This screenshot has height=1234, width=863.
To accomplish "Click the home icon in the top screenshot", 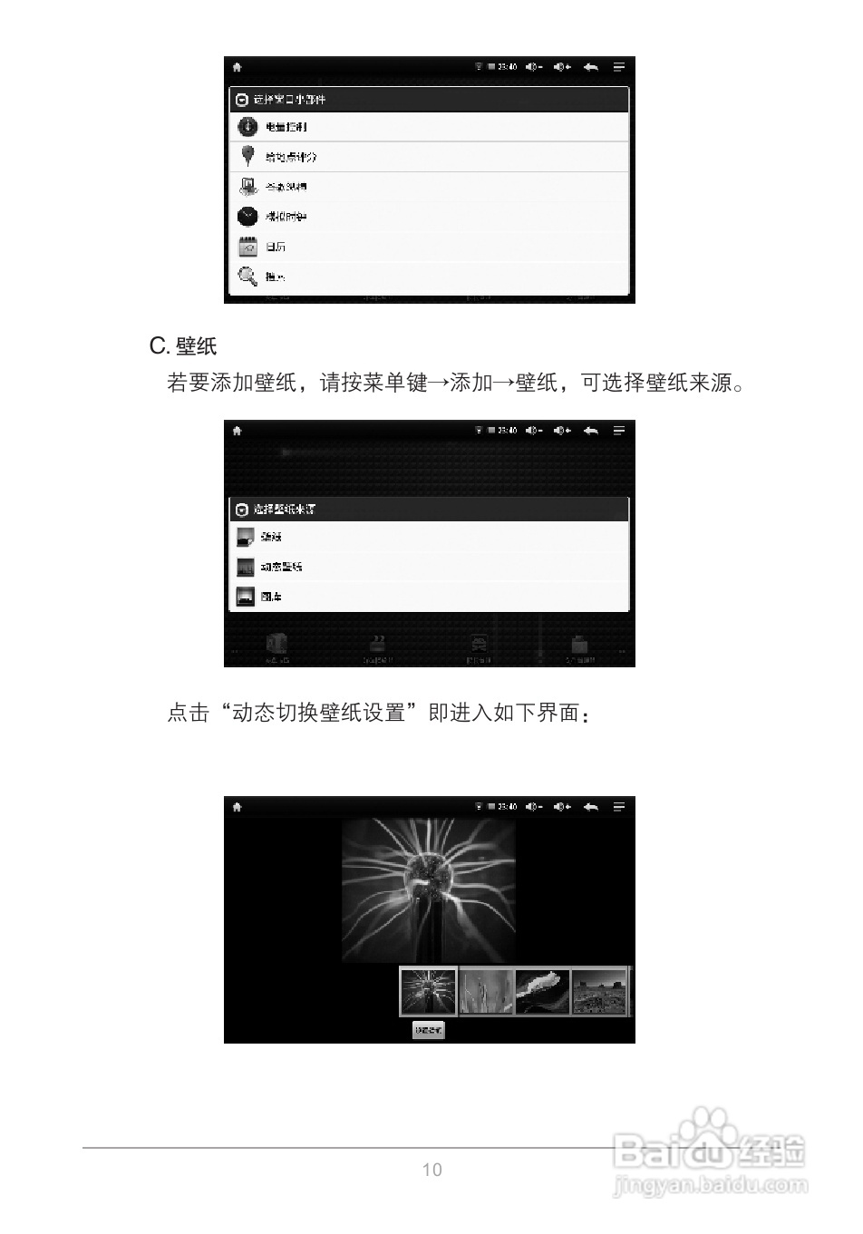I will (238, 67).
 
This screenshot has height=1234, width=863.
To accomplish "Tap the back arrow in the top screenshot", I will (591, 67).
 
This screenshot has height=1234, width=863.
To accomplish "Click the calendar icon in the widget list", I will (247, 247).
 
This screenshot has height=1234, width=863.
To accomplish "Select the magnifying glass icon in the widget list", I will (247, 277).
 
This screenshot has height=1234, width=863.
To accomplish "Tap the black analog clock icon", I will (247, 217).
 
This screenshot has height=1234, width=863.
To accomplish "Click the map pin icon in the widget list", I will (247, 156).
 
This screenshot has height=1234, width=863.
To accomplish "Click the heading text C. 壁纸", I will (183, 346).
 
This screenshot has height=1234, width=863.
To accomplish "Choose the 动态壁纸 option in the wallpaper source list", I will (281, 567).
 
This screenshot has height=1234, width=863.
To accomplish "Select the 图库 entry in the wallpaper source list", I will (271, 597).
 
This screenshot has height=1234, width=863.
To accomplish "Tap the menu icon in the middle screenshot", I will (619, 431).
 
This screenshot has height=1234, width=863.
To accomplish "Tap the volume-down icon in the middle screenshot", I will (534, 431).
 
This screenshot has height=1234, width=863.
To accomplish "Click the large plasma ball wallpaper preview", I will (429, 890).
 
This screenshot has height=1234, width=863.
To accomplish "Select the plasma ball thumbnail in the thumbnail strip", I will (429, 992).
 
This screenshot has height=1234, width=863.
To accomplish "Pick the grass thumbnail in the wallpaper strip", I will (486, 992).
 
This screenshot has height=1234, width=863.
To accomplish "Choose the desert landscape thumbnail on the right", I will (599, 992).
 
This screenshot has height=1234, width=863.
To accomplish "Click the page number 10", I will (432, 1170).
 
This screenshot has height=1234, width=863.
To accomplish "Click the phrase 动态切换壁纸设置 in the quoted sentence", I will (318, 713).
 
